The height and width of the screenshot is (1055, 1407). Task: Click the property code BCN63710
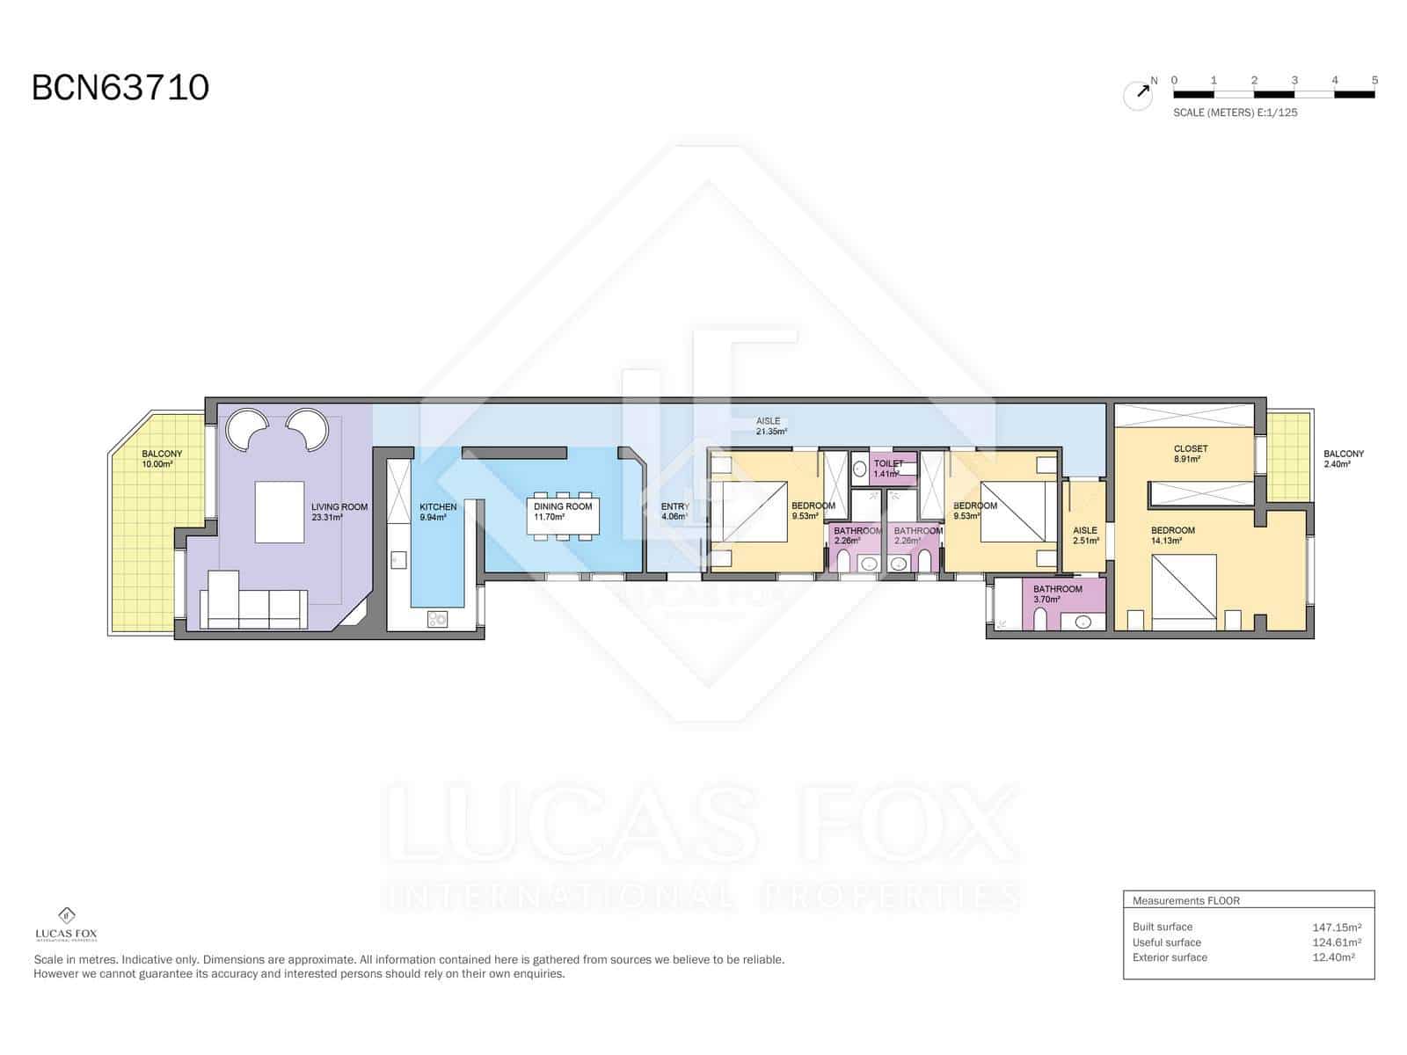click(120, 88)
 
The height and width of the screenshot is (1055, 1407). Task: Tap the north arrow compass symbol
click(1139, 93)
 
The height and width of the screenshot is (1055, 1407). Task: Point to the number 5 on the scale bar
click(1374, 80)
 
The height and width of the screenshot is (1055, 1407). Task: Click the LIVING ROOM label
click(339, 507)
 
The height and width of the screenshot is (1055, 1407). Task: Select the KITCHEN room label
click(438, 507)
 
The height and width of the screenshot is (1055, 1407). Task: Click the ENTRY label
click(674, 507)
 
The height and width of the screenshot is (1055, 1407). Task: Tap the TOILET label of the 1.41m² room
click(888, 463)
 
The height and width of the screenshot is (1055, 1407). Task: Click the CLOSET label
click(1190, 449)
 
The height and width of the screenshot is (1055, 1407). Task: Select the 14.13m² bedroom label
click(1173, 531)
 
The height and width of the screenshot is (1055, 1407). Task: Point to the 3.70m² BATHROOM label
click(1057, 589)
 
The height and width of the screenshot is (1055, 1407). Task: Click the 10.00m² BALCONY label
click(162, 455)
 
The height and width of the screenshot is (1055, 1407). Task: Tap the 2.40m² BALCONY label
click(1343, 455)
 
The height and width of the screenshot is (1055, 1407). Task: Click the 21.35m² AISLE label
click(768, 422)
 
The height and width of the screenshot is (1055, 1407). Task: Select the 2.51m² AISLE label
click(1085, 531)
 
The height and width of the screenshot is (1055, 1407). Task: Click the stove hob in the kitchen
click(437, 619)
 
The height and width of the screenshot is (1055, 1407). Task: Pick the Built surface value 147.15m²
click(1337, 927)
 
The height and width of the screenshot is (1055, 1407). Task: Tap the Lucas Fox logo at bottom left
click(66, 924)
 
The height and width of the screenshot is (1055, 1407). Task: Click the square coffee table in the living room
click(280, 512)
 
